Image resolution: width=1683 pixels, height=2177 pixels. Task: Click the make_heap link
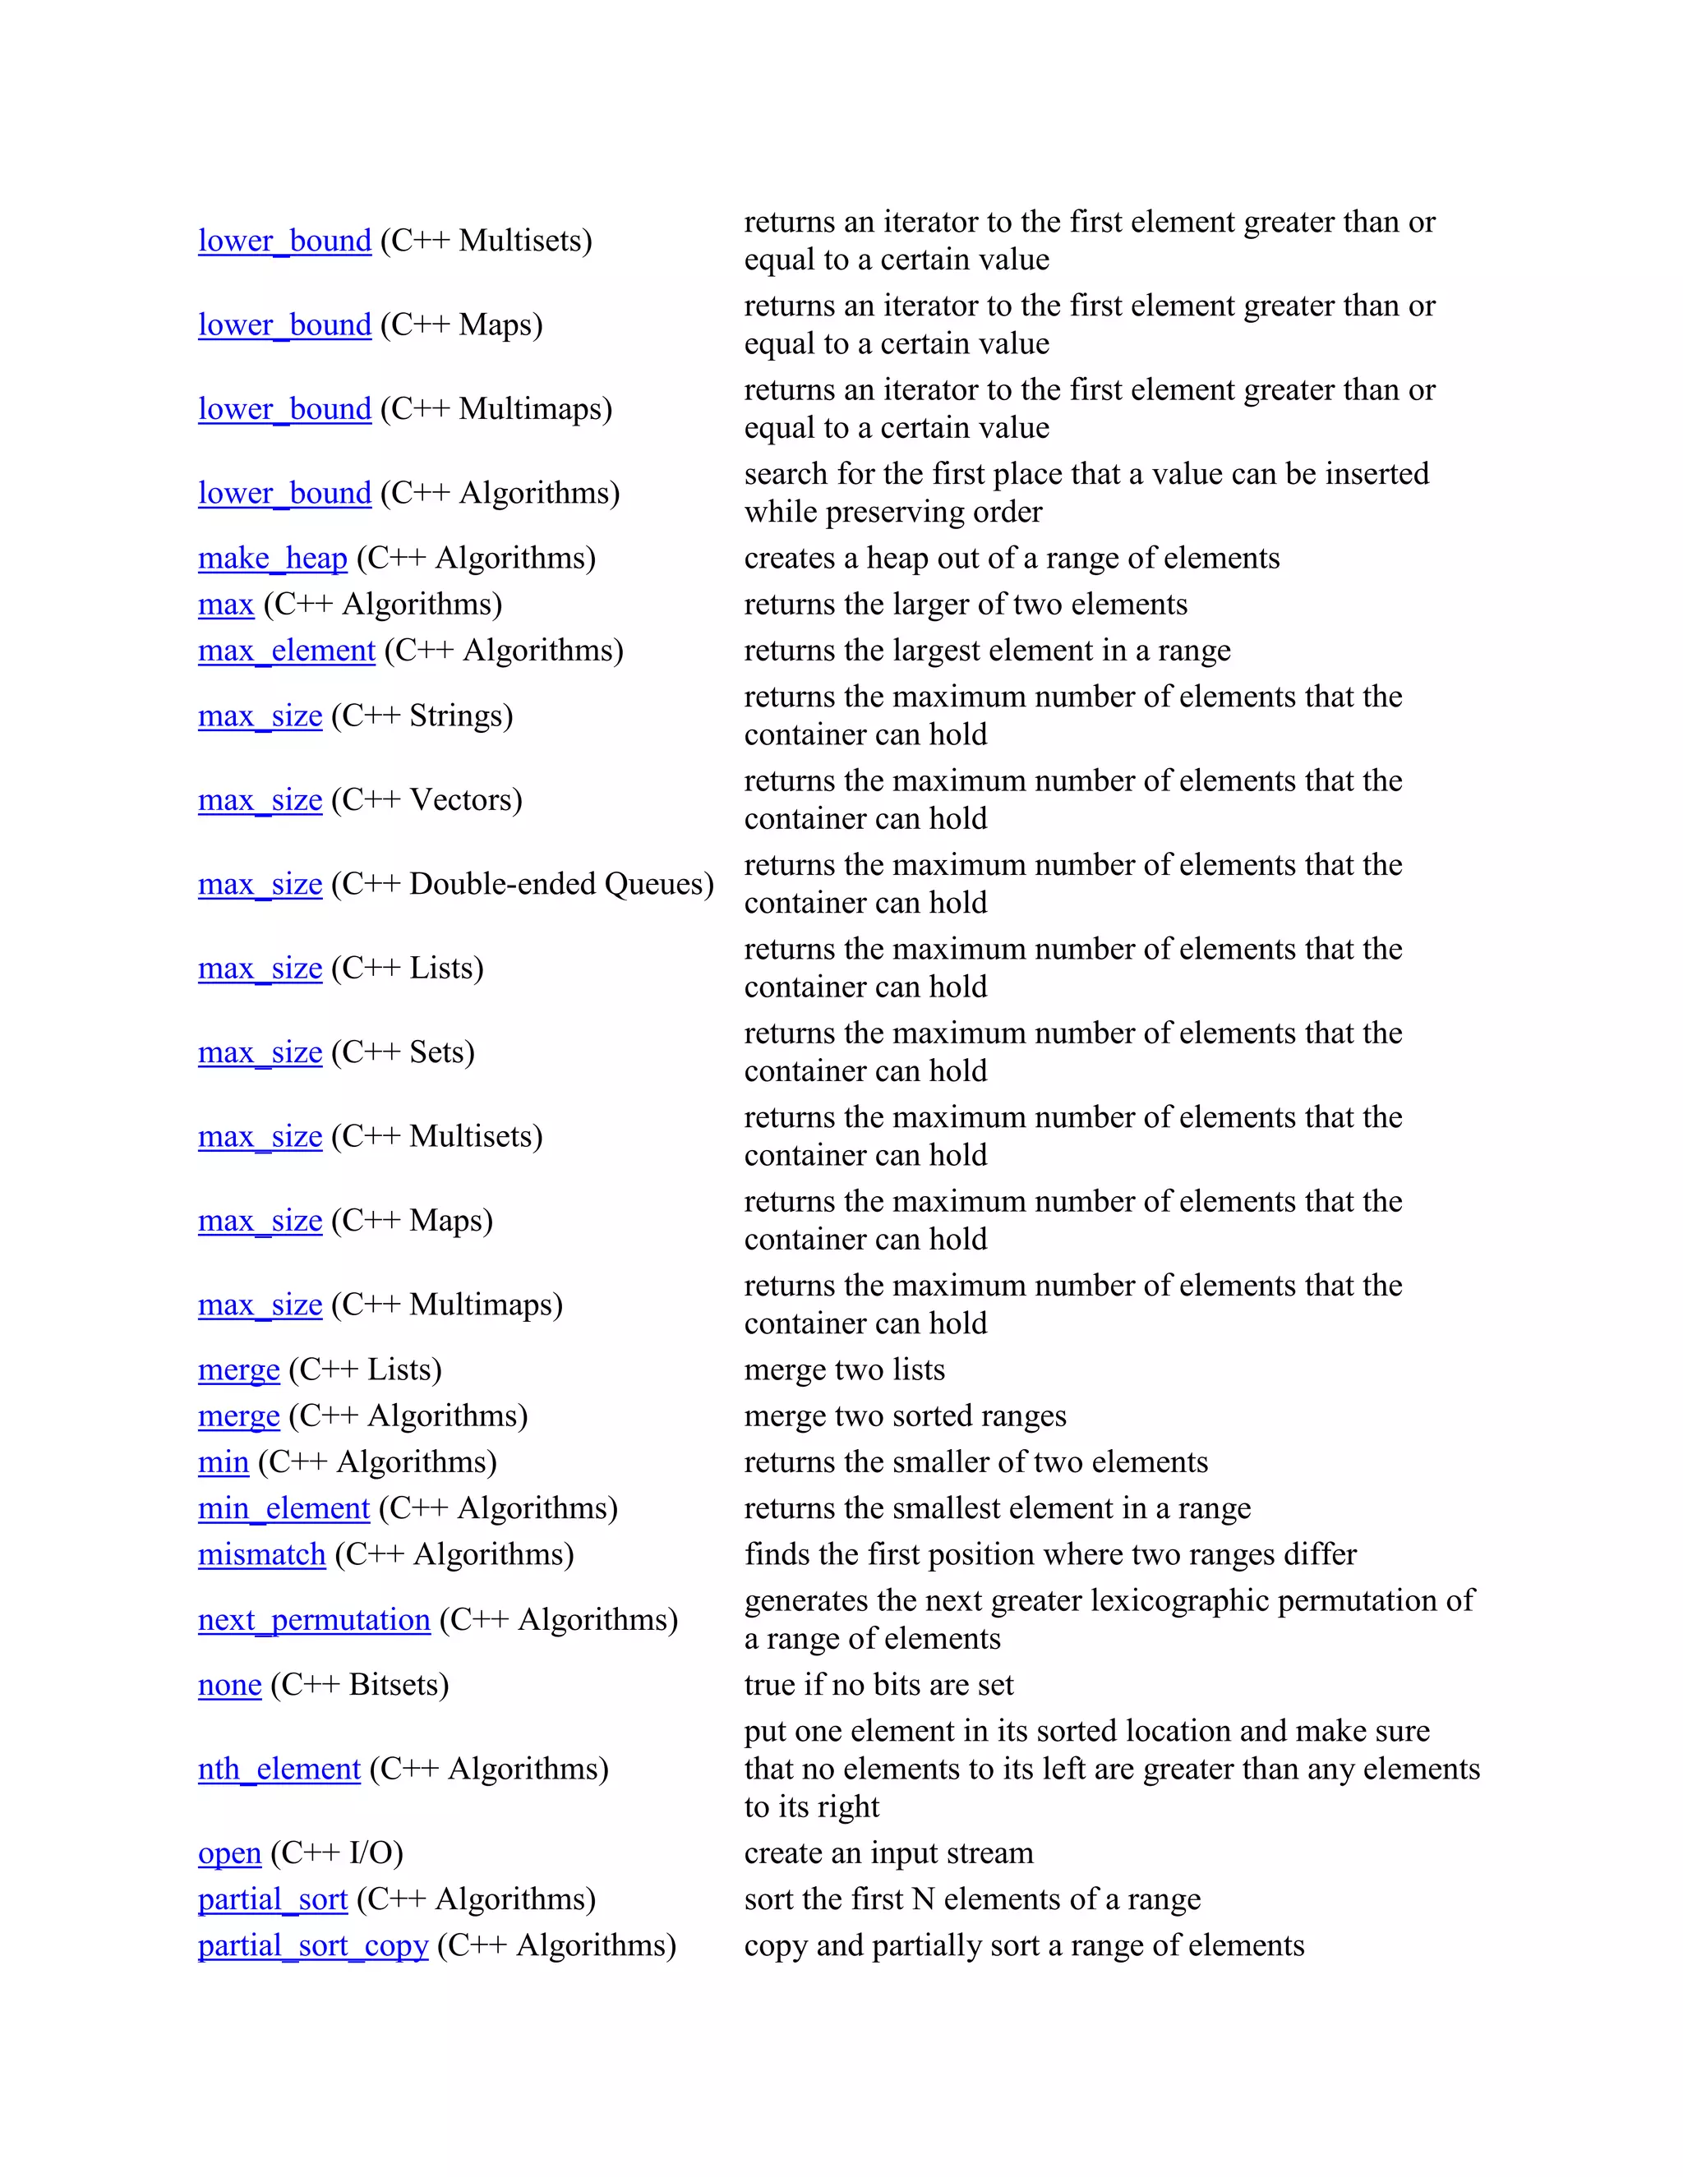click(272, 558)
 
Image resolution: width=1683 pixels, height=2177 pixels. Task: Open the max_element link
click(286, 651)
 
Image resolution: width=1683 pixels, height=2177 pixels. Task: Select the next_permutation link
click(314, 1620)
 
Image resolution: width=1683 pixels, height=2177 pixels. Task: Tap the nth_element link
click(279, 1770)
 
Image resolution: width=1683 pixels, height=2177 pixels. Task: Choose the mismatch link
click(261, 1555)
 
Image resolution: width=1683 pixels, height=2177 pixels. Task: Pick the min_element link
click(284, 1508)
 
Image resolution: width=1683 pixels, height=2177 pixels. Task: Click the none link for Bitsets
click(229, 1685)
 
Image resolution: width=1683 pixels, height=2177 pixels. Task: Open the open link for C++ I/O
click(229, 1853)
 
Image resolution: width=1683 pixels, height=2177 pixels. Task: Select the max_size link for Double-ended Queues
click(261, 884)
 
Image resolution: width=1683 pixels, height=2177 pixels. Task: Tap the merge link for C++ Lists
click(238, 1370)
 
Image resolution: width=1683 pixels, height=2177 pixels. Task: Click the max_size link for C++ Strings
click(261, 716)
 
